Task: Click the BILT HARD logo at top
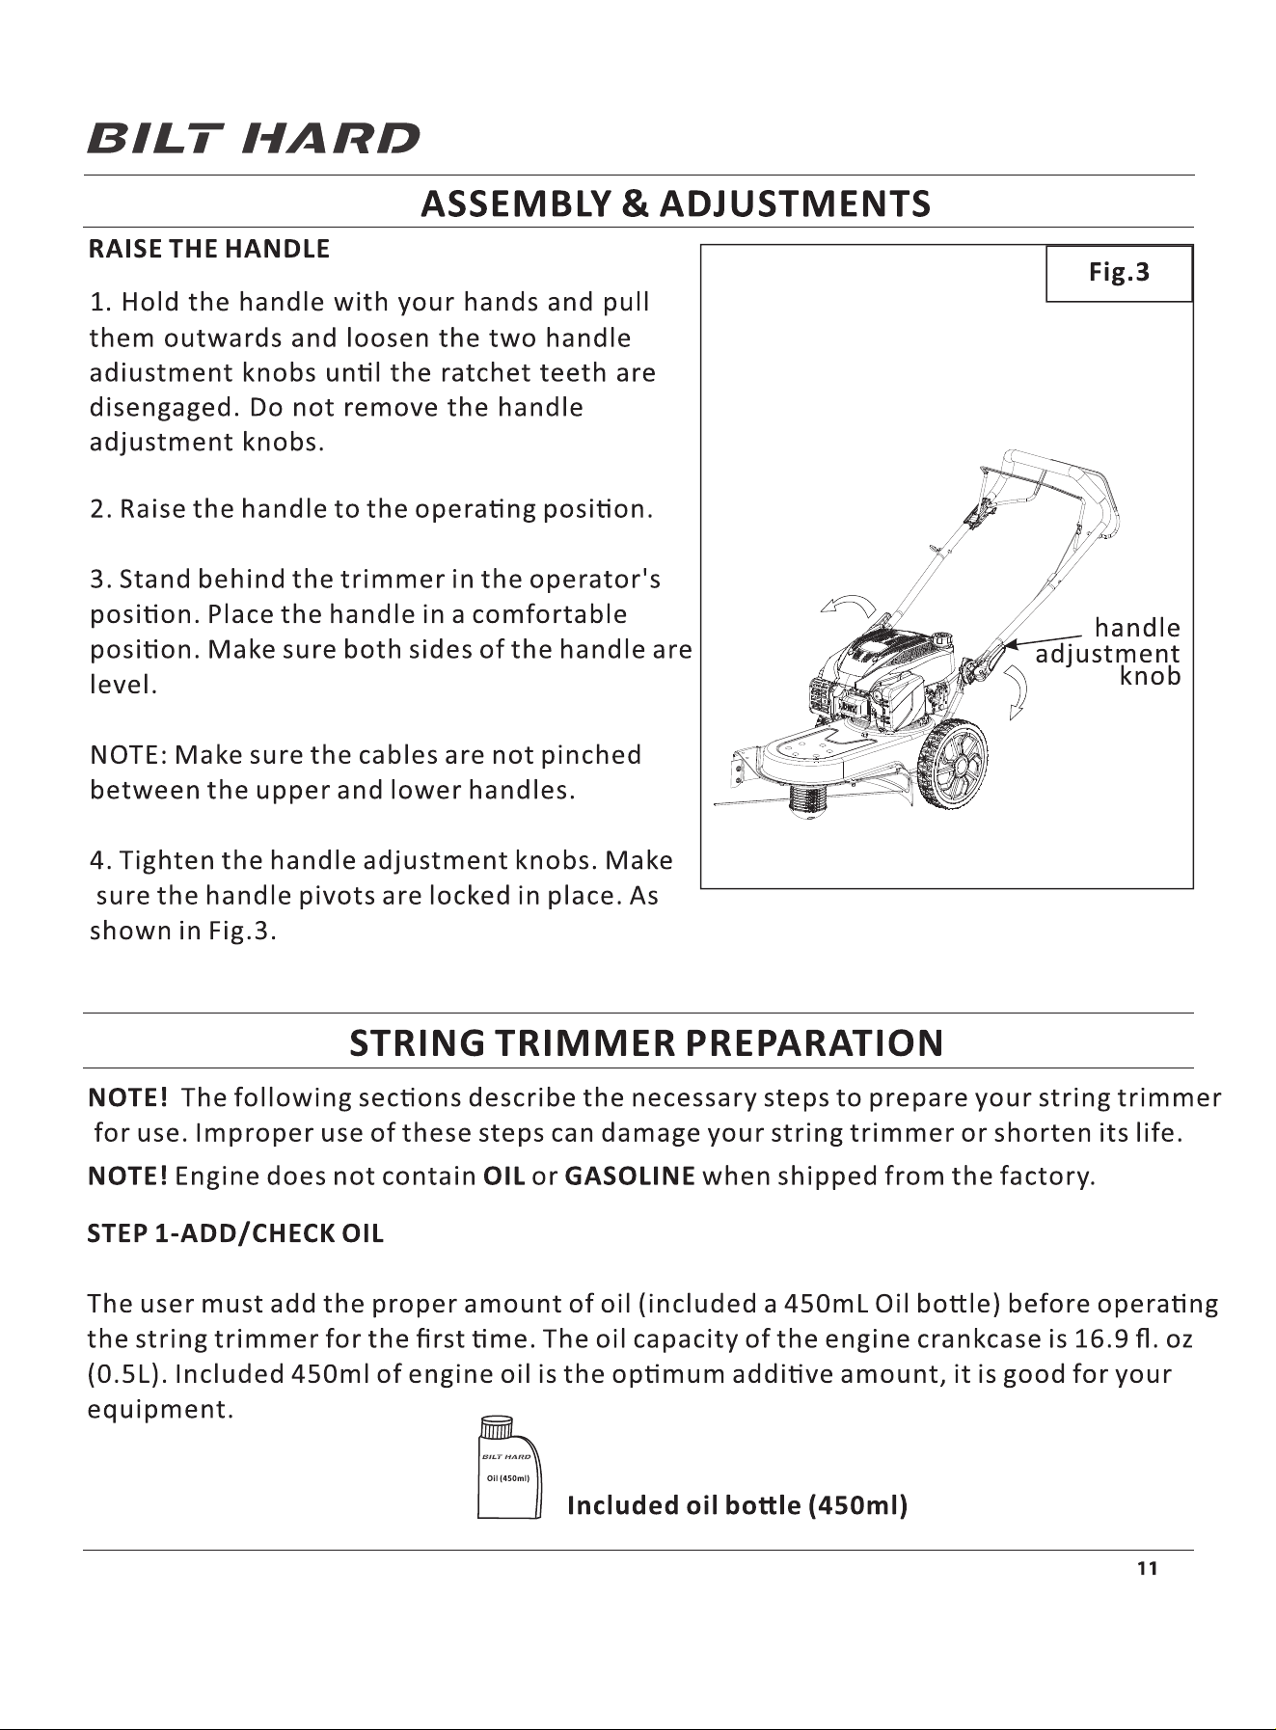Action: [x=255, y=138]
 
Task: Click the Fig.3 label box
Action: [x=1120, y=273]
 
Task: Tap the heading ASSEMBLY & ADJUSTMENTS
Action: [x=676, y=203]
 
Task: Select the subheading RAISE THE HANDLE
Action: [x=209, y=249]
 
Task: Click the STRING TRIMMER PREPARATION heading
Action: [x=646, y=1043]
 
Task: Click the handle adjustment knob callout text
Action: [x=1108, y=652]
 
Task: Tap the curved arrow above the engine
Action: [x=848, y=607]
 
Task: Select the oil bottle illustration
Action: [x=510, y=1468]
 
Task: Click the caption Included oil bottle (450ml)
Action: [x=738, y=1505]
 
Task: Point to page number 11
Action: [x=1147, y=1569]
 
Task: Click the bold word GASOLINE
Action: [x=630, y=1176]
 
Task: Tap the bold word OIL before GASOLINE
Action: [x=503, y=1176]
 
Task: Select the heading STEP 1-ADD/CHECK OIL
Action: [x=235, y=1233]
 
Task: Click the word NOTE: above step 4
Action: [x=128, y=754]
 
